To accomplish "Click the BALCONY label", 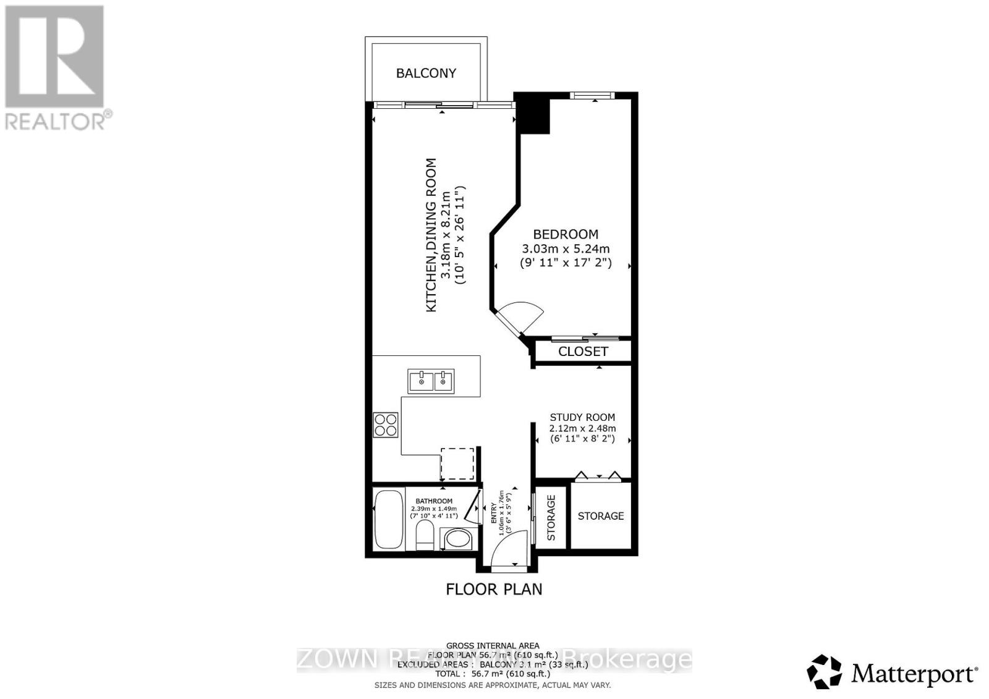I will pos(426,73).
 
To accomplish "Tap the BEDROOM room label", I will pos(566,234).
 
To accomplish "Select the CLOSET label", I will pos(583,352).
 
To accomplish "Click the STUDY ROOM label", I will pos(582,417).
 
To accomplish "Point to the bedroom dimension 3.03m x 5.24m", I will pos(566,249).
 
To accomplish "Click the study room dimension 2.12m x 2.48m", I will pos(582,428).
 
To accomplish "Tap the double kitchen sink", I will pos(431,381).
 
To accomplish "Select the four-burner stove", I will pos(386,425).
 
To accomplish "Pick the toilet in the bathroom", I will pos(425,536).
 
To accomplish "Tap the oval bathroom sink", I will pos(457,538).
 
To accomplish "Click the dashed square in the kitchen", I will pos(457,464).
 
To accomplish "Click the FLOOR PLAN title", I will pos(494,589).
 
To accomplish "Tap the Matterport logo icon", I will pos(825,671).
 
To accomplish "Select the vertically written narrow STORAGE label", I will pos(551,517).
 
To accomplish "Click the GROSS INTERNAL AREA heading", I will pos(493,646).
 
